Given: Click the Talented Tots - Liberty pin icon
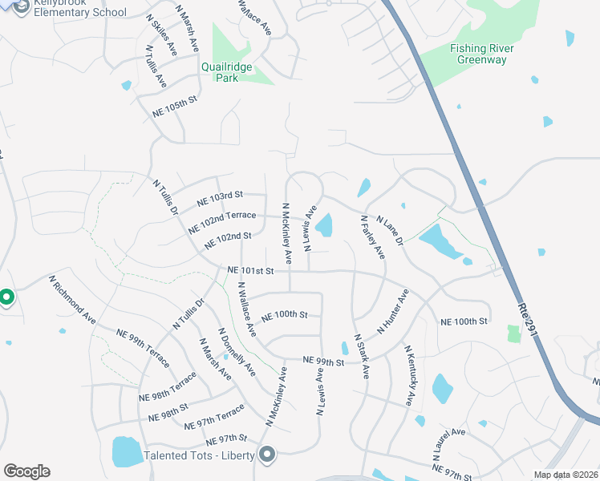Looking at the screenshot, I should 267,455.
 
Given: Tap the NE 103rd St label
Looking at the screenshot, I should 220,198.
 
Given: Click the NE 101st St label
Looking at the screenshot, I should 250,271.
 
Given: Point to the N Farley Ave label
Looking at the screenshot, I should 373,237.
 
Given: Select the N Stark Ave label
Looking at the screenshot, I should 361,357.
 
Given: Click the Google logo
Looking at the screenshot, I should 26,471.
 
